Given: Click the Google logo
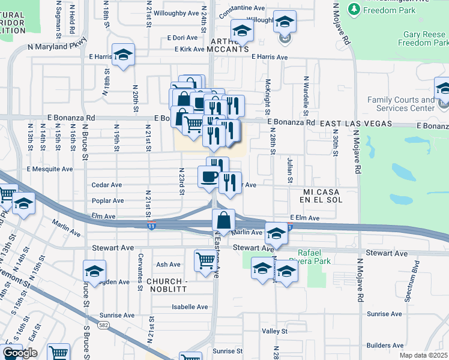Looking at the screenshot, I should (20, 353).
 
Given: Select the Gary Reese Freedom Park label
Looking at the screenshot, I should (423, 38).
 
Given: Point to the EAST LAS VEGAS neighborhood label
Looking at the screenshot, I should (355, 124).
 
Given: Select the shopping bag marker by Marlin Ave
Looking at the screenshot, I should (223, 220).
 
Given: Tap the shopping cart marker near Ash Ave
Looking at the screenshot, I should (205, 260).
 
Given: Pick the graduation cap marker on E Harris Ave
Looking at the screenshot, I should (123, 55).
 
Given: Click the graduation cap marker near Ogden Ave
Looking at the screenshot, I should (95, 272).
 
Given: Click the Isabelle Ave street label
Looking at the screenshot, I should (190, 307).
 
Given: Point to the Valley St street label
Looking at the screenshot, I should (275, 331).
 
